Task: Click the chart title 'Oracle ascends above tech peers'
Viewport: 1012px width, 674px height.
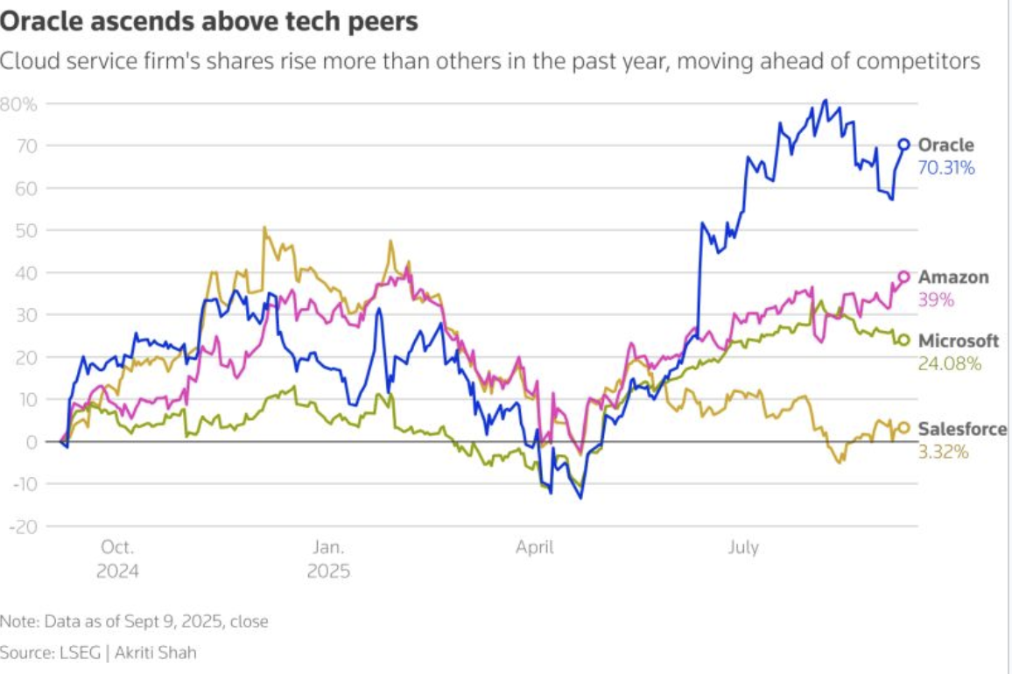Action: click(210, 22)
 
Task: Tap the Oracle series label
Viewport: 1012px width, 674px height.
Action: click(945, 145)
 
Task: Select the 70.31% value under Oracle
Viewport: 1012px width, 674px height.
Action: click(945, 167)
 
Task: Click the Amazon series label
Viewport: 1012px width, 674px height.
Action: click(952, 277)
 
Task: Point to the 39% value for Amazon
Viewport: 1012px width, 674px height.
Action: click(935, 299)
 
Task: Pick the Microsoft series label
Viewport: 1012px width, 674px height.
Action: click(958, 341)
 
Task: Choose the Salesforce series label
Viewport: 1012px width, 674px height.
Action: click(962, 429)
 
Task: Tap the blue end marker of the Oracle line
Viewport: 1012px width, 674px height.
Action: click(904, 144)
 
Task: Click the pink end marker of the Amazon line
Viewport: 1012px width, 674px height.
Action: click(904, 277)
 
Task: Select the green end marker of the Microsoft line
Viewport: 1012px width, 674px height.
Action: click(904, 341)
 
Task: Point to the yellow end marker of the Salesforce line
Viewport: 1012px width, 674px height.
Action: click(904, 428)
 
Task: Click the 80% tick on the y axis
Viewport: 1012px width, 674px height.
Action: click(18, 104)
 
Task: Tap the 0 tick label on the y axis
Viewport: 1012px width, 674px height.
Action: click(32, 442)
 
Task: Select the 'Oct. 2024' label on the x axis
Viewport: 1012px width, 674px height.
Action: click(117, 559)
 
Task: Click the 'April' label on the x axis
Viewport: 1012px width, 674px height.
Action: click(534, 548)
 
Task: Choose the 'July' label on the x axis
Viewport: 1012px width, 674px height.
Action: click(742, 548)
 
